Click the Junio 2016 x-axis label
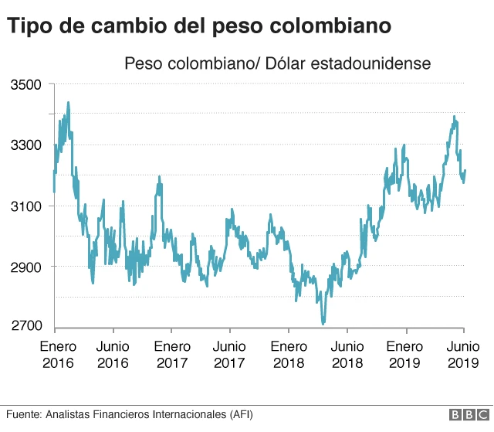113,354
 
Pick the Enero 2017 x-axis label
171,354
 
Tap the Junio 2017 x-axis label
230,354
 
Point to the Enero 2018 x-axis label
289,354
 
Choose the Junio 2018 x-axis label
347,354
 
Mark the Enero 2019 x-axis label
406,354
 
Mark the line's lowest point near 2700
323,324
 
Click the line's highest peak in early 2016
68,102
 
